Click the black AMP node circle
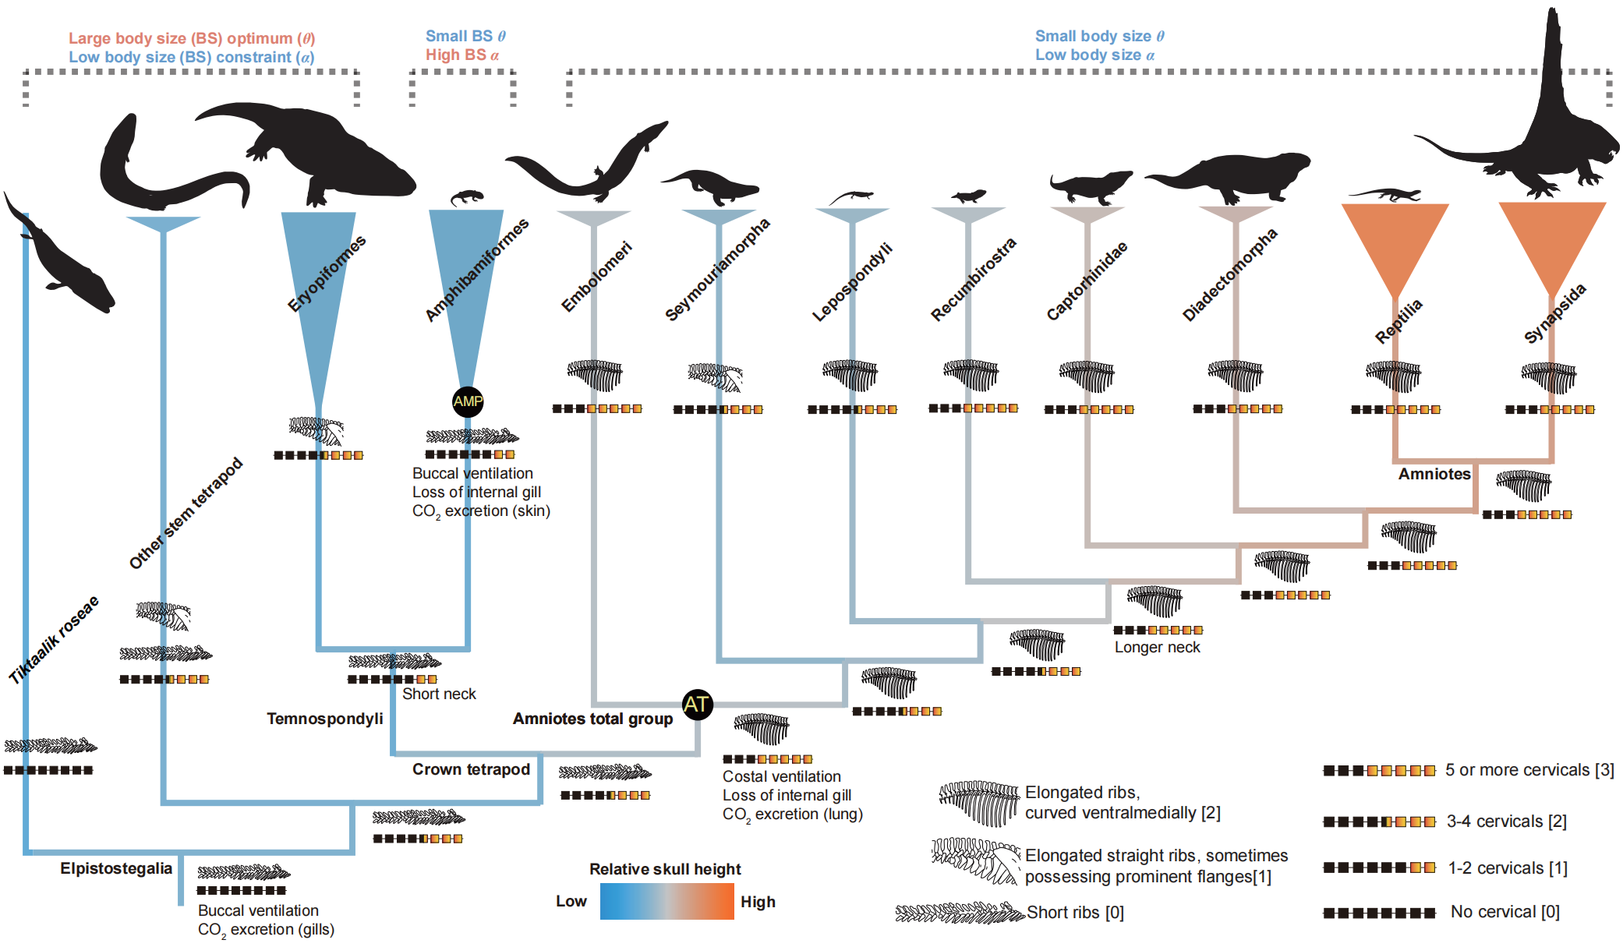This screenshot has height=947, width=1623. (468, 401)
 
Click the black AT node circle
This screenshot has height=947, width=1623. (697, 705)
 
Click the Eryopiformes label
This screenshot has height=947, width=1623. (327, 274)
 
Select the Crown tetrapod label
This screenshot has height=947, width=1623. (471, 769)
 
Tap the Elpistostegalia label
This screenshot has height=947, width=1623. (116, 868)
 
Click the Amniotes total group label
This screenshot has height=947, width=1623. (592, 719)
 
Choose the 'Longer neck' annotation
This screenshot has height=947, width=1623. (1157, 647)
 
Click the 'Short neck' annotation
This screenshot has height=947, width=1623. (439, 694)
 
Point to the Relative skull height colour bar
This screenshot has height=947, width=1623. (667, 902)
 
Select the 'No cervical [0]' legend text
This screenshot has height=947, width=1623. (1505, 912)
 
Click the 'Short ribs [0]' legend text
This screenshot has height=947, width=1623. (1075, 912)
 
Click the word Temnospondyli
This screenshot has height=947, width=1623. (325, 719)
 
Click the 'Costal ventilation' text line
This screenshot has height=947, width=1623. (781, 776)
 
